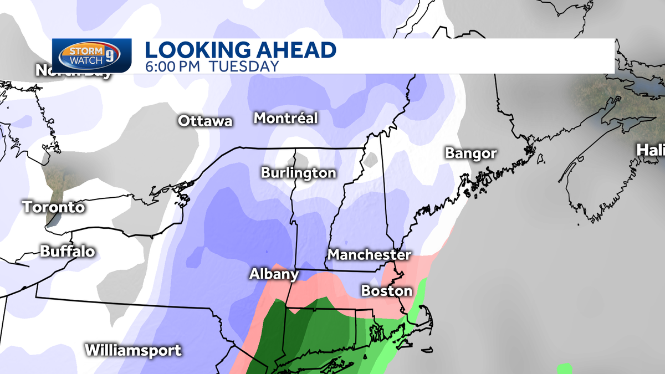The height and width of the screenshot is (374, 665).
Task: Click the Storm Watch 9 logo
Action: (x=92, y=55)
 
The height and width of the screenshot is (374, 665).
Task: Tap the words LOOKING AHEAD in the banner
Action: (x=241, y=50)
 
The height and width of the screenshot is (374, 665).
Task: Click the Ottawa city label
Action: (x=205, y=121)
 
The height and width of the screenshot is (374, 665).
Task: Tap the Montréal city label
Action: (x=286, y=118)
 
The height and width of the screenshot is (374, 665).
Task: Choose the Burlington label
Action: (x=299, y=173)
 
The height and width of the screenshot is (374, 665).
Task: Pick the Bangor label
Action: (x=471, y=153)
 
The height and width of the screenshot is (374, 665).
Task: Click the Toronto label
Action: (x=54, y=207)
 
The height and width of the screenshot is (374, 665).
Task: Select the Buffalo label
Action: (x=68, y=252)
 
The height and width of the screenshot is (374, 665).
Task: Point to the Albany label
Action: (x=274, y=274)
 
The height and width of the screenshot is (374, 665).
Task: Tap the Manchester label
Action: (x=370, y=255)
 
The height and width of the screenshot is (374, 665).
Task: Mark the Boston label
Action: (x=387, y=291)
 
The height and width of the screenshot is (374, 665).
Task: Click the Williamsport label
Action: (x=133, y=350)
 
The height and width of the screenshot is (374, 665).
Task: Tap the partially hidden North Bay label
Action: (x=73, y=72)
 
